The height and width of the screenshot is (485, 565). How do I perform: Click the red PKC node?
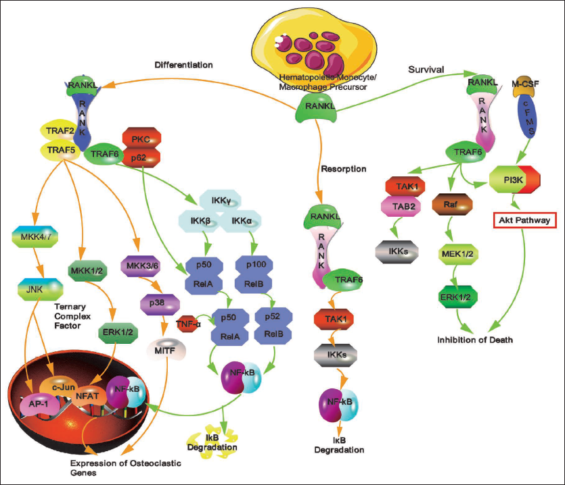pos(141,138)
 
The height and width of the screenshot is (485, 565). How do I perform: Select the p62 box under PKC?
pos(141,157)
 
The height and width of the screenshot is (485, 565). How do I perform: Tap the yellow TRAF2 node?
pos(60,130)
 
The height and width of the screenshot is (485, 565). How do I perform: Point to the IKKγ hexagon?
pos(221,201)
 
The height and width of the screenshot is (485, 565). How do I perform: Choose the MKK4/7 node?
pos(35,236)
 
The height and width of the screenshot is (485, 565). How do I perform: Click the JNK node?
pos(40,289)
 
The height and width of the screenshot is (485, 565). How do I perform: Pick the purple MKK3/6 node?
pos(140,266)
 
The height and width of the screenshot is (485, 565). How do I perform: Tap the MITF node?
pos(166,349)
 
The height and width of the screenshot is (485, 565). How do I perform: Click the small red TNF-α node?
pos(188,324)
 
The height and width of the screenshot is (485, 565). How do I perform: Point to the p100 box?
pos(254,265)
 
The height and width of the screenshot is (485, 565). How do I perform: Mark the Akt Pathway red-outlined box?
pos(524,220)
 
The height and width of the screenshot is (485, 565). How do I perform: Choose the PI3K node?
pos(514,179)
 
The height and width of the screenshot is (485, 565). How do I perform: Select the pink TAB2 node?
pos(401,207)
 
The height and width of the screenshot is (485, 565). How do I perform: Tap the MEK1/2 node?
pos(457,254)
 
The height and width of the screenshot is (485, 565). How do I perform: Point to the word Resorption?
pos(343,169)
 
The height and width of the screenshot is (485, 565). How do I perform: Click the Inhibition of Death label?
pos(475,340)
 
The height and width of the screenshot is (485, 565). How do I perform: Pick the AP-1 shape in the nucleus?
pos(39,405)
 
